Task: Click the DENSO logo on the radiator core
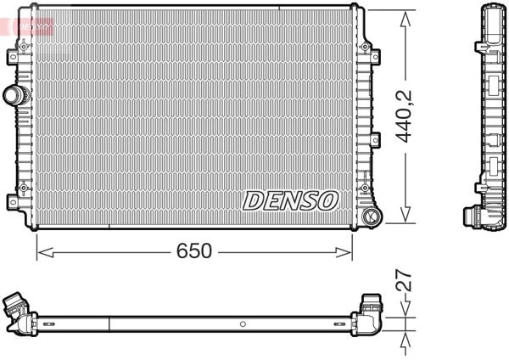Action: [290, 200]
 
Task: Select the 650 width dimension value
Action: [193, 251]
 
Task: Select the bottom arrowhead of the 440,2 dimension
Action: [406, 220]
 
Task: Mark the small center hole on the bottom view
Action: [241, 324]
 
